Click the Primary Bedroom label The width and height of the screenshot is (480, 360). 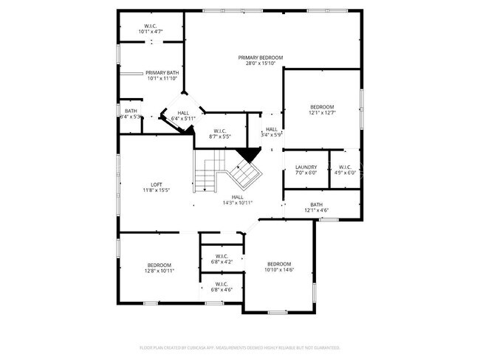coord(260,58)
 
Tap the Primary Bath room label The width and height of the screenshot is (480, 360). coord(162,72)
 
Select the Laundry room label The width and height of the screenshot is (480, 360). coord(306,167)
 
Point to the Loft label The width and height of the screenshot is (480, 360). coord(157,184)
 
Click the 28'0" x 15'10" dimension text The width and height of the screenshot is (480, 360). coord(260,63)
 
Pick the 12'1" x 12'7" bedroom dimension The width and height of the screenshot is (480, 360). coord(321,113)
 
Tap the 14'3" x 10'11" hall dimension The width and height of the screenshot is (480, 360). coord(238,203)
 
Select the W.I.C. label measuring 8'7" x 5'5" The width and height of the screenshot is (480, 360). coord(221,131)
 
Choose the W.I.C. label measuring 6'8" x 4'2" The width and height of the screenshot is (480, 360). coord(222,256)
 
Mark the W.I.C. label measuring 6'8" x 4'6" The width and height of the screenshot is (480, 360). coord(222,284)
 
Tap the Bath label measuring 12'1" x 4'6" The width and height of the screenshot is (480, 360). coord(316,204)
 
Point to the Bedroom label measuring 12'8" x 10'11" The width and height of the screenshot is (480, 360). coord(159,265)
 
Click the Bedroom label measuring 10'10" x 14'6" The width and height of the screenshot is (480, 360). coord(279,264)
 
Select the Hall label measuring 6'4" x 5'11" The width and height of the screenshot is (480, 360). coord(183,113)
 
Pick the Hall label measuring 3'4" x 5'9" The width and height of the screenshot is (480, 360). coord(272,129)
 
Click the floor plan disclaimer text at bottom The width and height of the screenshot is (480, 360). coord(239,347)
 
